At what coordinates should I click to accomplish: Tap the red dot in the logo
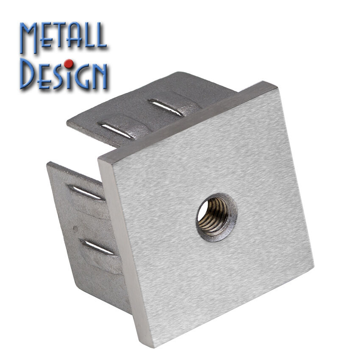pyautogui.click(x=69, y=64)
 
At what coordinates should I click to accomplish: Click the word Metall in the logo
pyautogui.click(x=63, y=36)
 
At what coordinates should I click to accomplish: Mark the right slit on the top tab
pyautogui.click(x=165, y=108)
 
